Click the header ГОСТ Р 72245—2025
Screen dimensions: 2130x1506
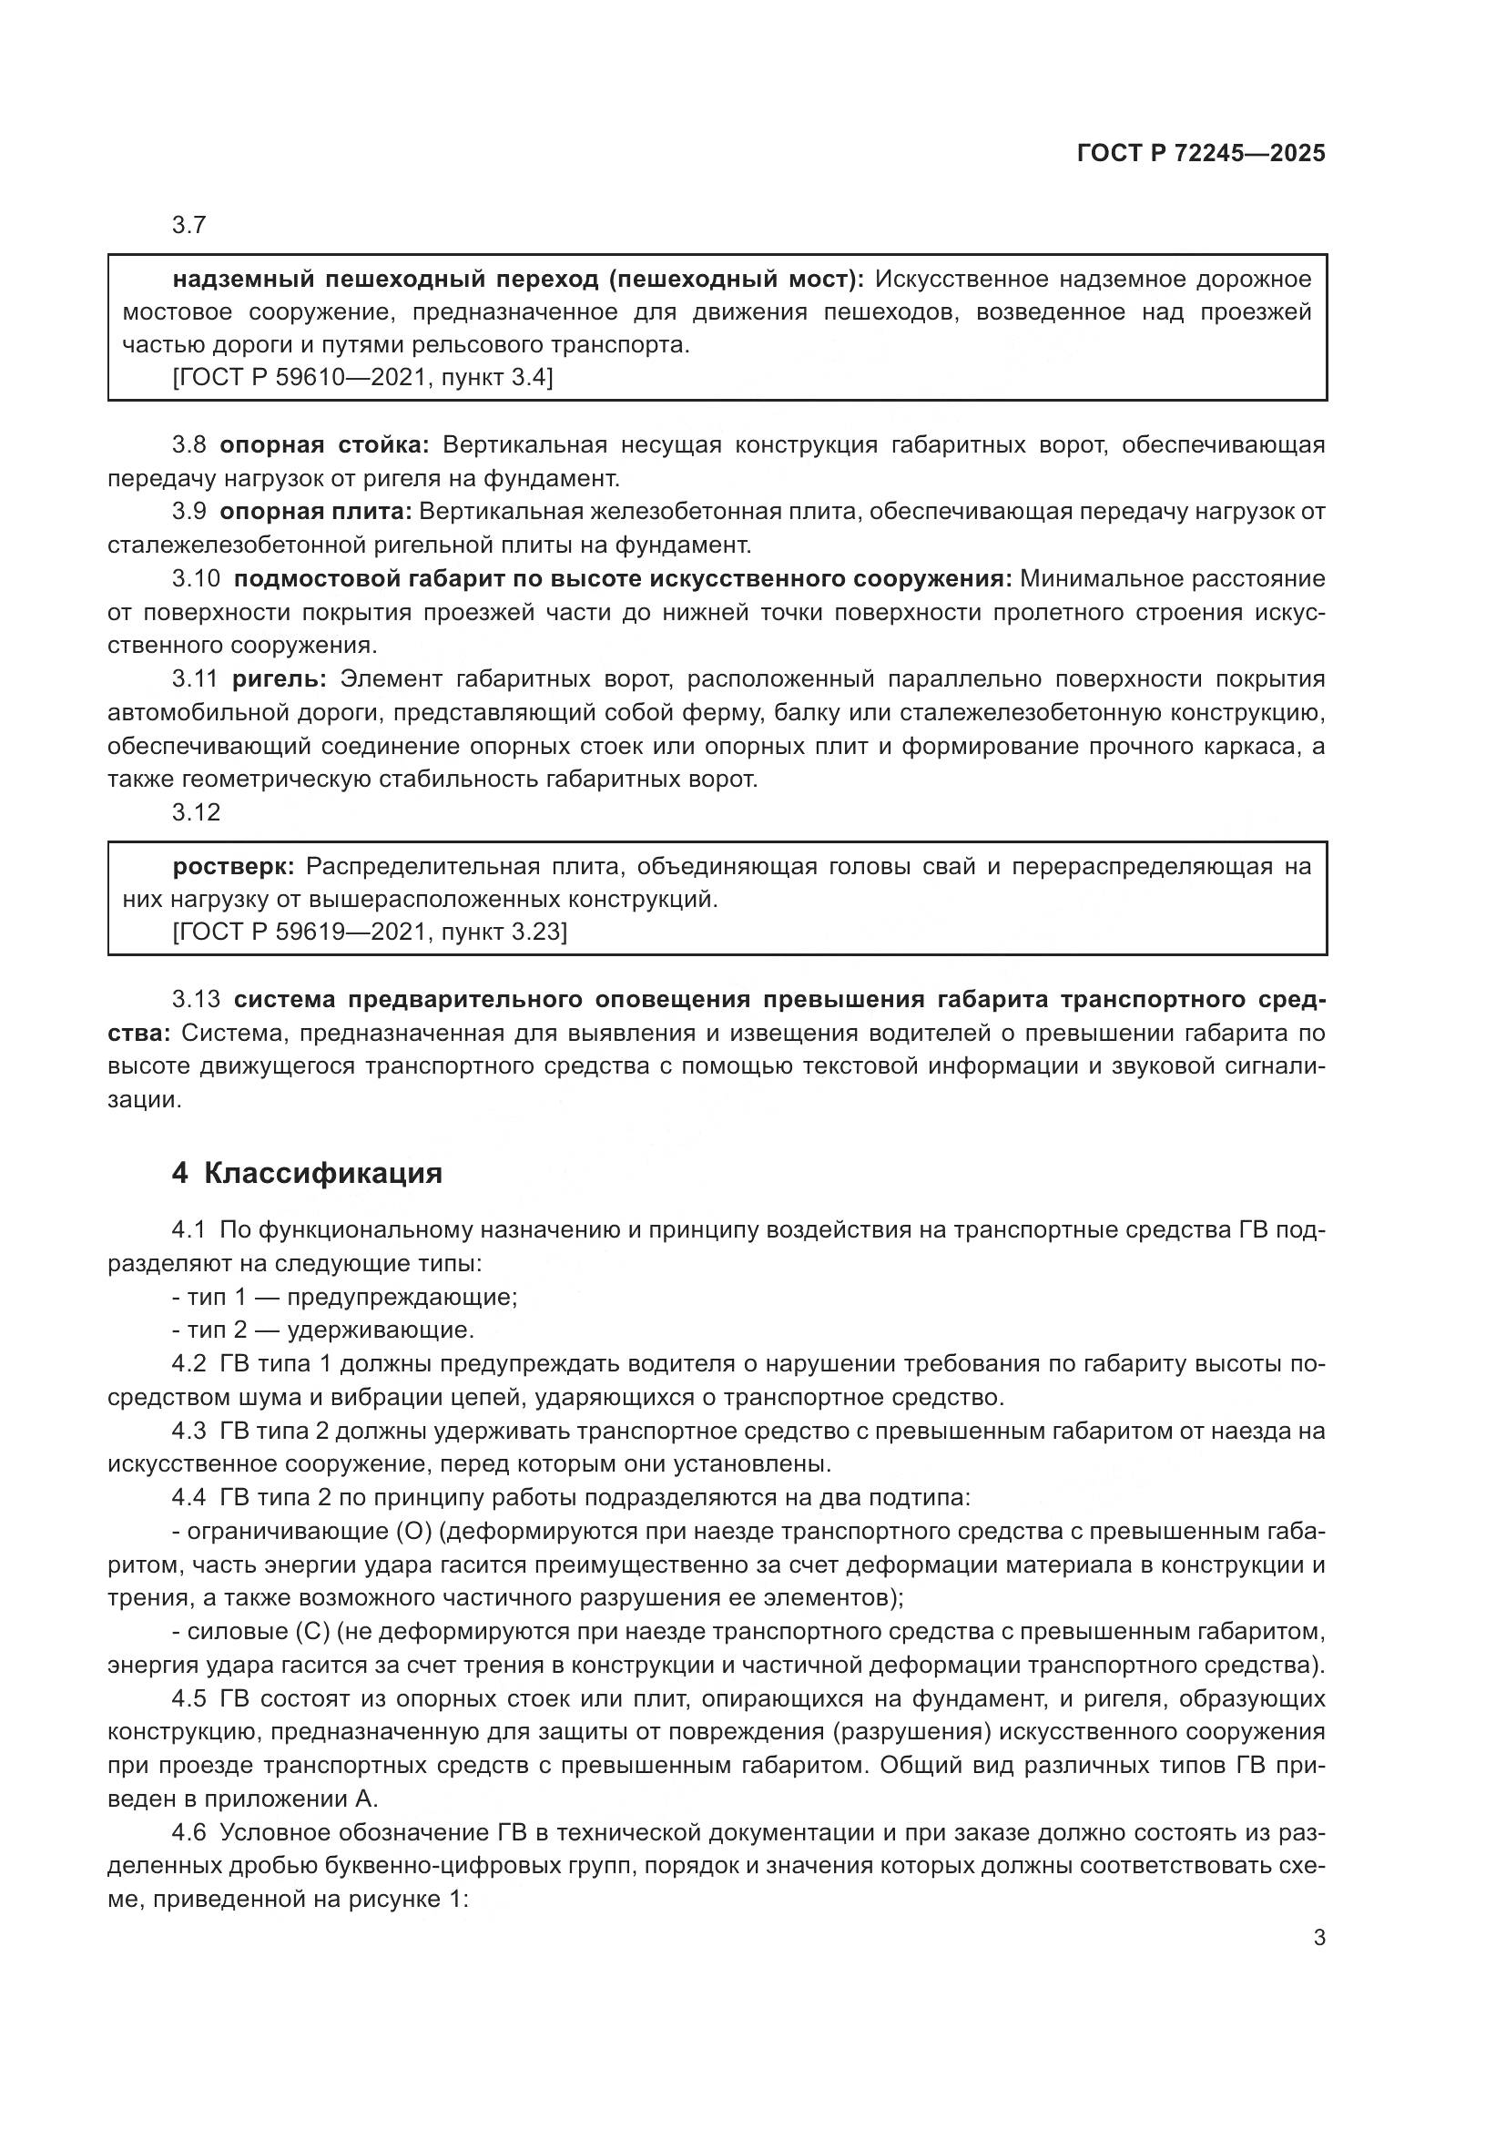pyautogui.click(x=1201, y=154)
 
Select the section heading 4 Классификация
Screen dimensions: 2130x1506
pyautogui.click(x=307, y=1174)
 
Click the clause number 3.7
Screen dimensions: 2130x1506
pyautogui.click(x=188, y=226)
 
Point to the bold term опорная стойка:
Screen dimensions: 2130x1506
pyautogui.click(x=324, y=445)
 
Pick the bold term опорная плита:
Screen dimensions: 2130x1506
pyautogui.click(x=316, y=512)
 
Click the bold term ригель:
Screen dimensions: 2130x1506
pyautogui.click(x=280, y=679)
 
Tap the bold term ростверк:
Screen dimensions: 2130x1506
pyautogui.click(x=234, y=866)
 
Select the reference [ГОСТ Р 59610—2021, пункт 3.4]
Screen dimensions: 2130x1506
pyautogui.click(x=362, y=378)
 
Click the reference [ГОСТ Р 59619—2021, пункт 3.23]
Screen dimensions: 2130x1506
pyautogui.click(x=370, y=932)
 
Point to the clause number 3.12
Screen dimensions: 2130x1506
pyautogui.click(x=196, y=812)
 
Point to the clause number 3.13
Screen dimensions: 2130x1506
pyautogui.click(x=196, y=1000)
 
